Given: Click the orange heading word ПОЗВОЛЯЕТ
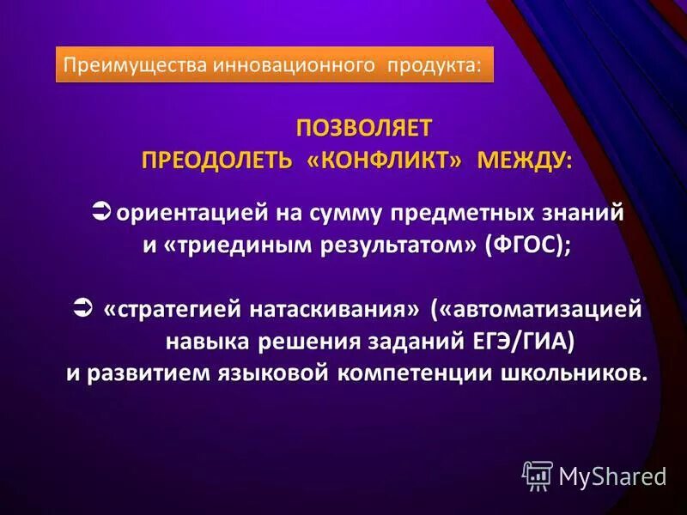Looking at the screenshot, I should (x=365, y=128).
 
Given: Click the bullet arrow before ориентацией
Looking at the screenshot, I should (x=100, y=210).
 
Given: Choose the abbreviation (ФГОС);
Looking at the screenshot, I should (x=527, y=245).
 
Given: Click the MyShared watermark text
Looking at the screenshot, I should (x=612, y=476).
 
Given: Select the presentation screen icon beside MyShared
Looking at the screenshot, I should (x=538, y=475).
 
